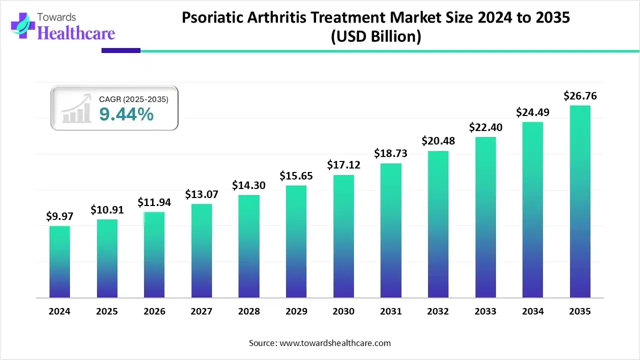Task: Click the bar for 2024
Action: [x=59, y=262]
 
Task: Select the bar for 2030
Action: [x=343, y=236]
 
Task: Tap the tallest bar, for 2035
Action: [x=580, y=201]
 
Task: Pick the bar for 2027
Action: [x=201, y=251]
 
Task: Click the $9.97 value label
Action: [x=59, y=216]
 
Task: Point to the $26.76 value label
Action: [x=580, y=95]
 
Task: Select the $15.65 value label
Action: [x=296, y=176]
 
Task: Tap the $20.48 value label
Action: [x=438, y=141]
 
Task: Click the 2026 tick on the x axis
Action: [x=154, y=311]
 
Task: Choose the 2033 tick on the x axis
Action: [x=485, y=311]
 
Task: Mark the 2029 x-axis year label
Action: [x=296, y=311]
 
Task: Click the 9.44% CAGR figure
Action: [x=126, y=114]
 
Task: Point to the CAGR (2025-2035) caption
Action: [x=133, y=99]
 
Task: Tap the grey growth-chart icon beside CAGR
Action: [x=76, y=108]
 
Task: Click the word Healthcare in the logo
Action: [x=76, y=33]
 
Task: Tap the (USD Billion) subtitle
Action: [x=375, y=36]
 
